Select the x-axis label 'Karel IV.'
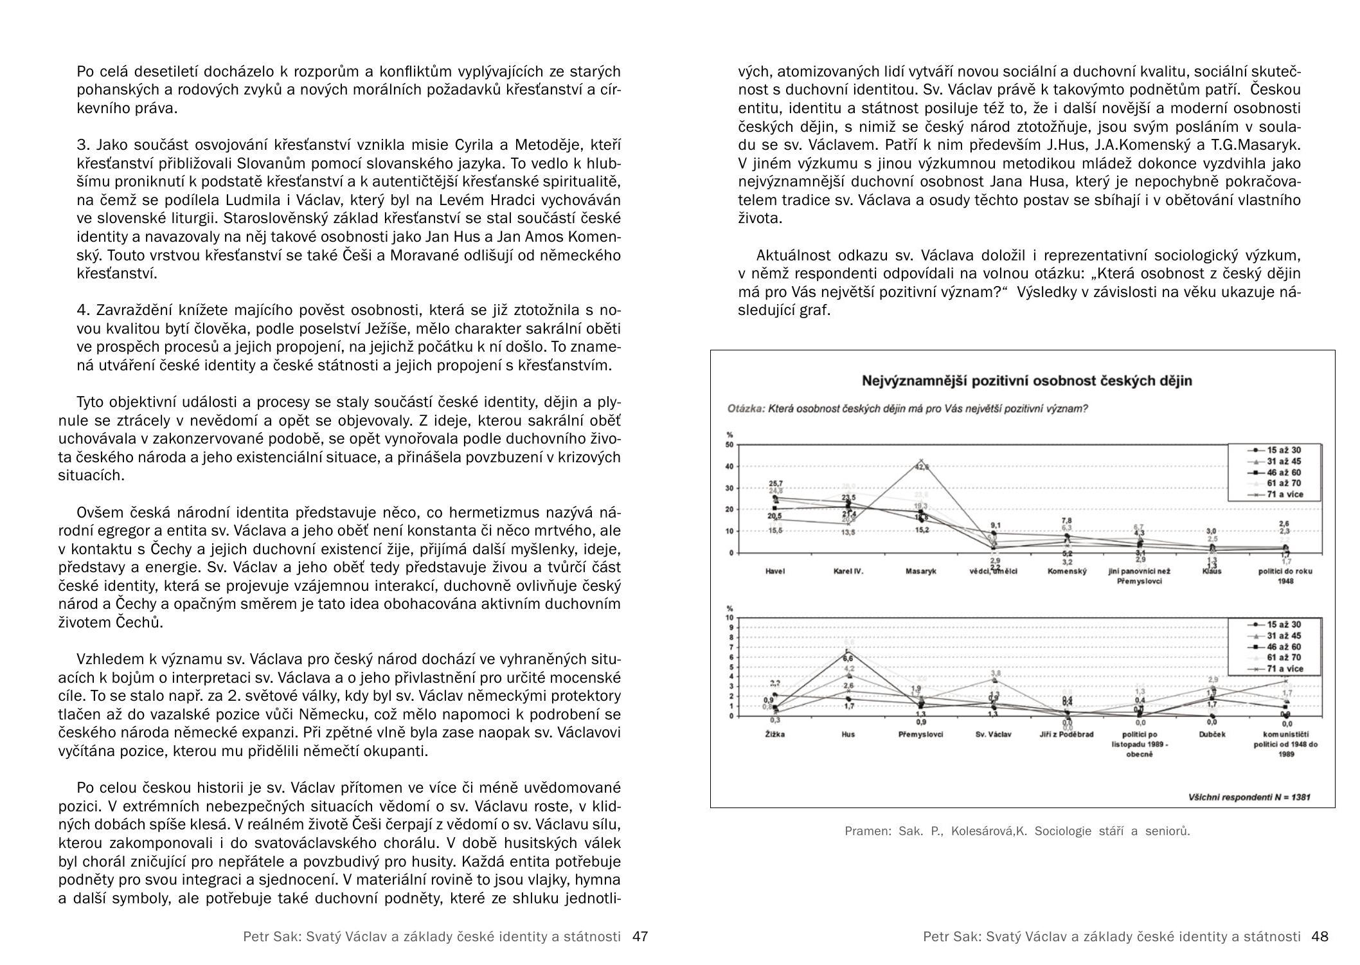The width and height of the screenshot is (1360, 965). [848, 571]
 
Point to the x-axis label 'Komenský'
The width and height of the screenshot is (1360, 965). [1066, 571]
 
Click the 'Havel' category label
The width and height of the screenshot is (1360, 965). [775, 571]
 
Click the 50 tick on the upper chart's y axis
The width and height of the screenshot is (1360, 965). [729, 445]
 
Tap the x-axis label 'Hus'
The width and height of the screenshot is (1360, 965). [848, 734]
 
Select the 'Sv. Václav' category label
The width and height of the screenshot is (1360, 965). [993, 734]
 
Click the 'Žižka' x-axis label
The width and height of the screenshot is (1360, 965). [775, 734]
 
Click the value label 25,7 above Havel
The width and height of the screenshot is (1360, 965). [776, 483]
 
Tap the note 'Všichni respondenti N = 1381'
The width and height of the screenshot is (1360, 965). [1249, 797]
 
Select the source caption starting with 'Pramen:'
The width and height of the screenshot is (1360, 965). [1017, 831]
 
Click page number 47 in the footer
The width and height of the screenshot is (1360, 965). [640, 937]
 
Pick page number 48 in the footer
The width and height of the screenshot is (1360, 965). [1320, 937]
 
